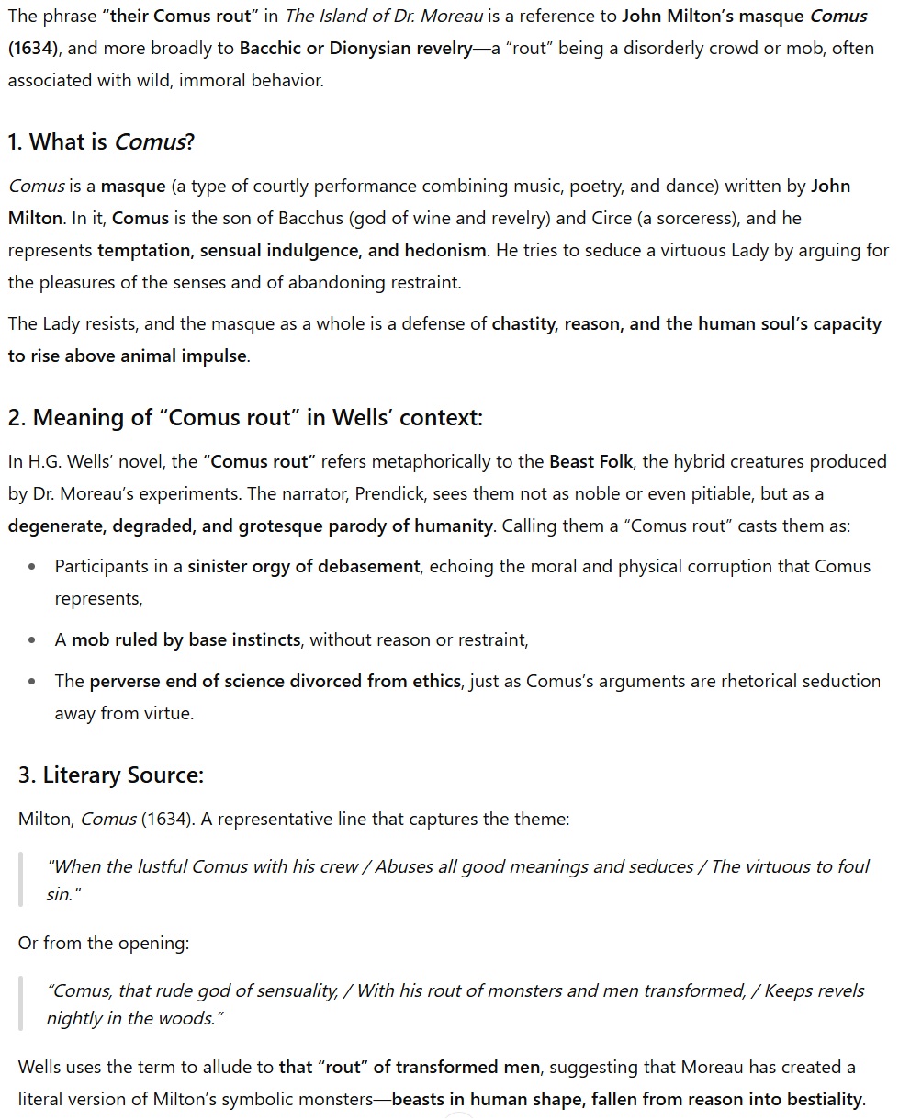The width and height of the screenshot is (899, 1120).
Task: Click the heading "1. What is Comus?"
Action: (x=101, y=142)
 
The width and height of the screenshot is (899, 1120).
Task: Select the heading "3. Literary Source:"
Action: (x=110, y=775)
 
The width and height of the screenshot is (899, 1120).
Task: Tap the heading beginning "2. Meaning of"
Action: (x=245, y=418)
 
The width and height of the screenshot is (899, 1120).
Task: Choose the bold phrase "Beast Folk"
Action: (x=591, y=461)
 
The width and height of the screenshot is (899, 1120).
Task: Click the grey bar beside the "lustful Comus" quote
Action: (x=20, y=879)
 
